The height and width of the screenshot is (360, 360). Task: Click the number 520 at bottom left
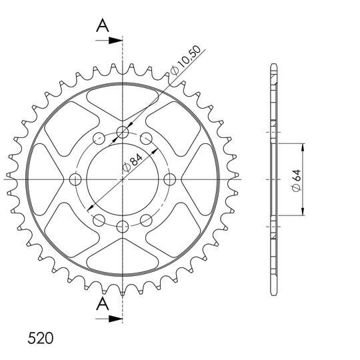click(x=41, y=338)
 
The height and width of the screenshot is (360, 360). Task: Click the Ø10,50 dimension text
click(x=186, y=61)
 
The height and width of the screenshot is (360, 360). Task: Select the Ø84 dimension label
click(x=133, y=163)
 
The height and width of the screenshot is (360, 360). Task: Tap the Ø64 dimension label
click(x=296, y=181)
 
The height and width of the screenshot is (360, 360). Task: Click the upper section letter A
click(x=103, y=26)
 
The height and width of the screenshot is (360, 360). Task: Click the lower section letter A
click(x=103, y=303)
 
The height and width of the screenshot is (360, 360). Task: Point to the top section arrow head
click(x=115, y=41)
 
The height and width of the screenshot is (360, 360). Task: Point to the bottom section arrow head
click(x=115, y=319)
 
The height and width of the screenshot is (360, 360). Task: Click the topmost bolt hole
click(x=123, y=132)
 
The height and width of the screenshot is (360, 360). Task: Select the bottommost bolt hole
click(x=123, y=227)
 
